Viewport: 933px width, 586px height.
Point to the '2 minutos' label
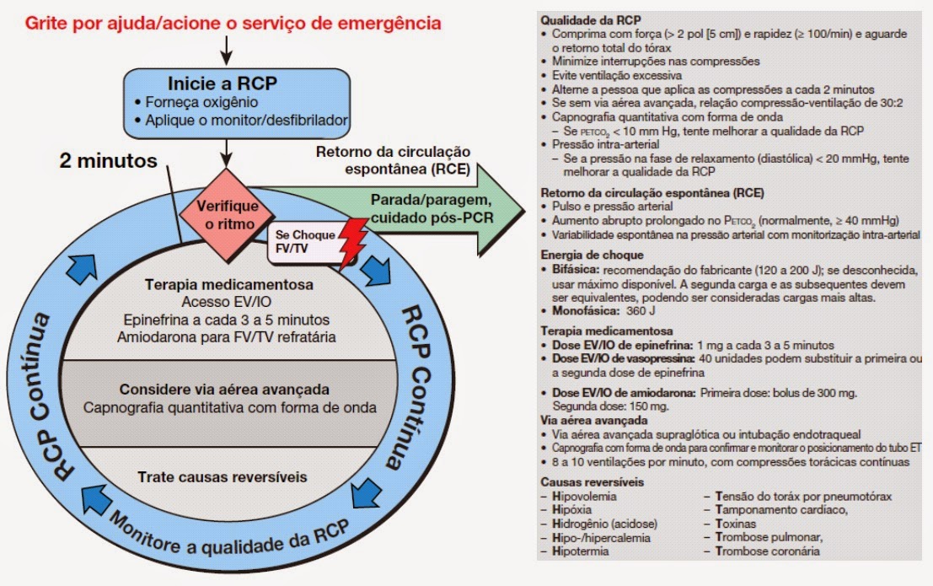click(108, 160)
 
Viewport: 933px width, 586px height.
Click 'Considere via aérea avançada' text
click(223, 390)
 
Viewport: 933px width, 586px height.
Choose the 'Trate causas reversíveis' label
click(223, 477)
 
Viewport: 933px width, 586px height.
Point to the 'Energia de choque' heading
click(592, 255)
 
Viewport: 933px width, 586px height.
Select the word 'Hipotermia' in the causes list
click(581, 551)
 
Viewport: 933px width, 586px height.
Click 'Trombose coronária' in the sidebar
click(767, 551)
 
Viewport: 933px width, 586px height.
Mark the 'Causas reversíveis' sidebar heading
click(593, 482)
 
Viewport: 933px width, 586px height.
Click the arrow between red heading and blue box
click(226, 51)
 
